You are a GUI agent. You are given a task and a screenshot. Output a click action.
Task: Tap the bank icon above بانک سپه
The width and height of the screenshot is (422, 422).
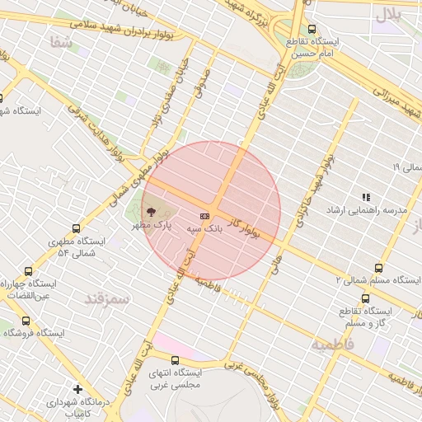204,216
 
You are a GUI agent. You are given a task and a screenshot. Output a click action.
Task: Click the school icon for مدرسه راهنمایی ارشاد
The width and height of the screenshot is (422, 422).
365,197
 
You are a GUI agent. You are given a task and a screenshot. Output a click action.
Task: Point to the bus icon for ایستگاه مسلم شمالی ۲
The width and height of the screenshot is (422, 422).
378,268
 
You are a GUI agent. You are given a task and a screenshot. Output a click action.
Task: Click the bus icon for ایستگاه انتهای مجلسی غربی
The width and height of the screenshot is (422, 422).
175,360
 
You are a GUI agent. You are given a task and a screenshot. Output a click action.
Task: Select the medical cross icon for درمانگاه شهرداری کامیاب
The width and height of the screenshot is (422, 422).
77,389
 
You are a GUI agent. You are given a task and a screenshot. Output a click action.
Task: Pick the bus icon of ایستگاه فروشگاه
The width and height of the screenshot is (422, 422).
26,321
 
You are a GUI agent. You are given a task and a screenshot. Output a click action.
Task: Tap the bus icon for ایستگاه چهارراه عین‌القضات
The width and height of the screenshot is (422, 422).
29,270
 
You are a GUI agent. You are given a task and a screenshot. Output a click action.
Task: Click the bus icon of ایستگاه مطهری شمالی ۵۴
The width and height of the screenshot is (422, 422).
77,228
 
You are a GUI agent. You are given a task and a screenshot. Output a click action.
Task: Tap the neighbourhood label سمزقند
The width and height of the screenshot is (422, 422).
108,298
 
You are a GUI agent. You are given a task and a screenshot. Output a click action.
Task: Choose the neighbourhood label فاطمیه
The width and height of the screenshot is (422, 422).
332,344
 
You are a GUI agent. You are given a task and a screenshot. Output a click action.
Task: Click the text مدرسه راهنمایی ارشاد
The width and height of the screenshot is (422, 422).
380,210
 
